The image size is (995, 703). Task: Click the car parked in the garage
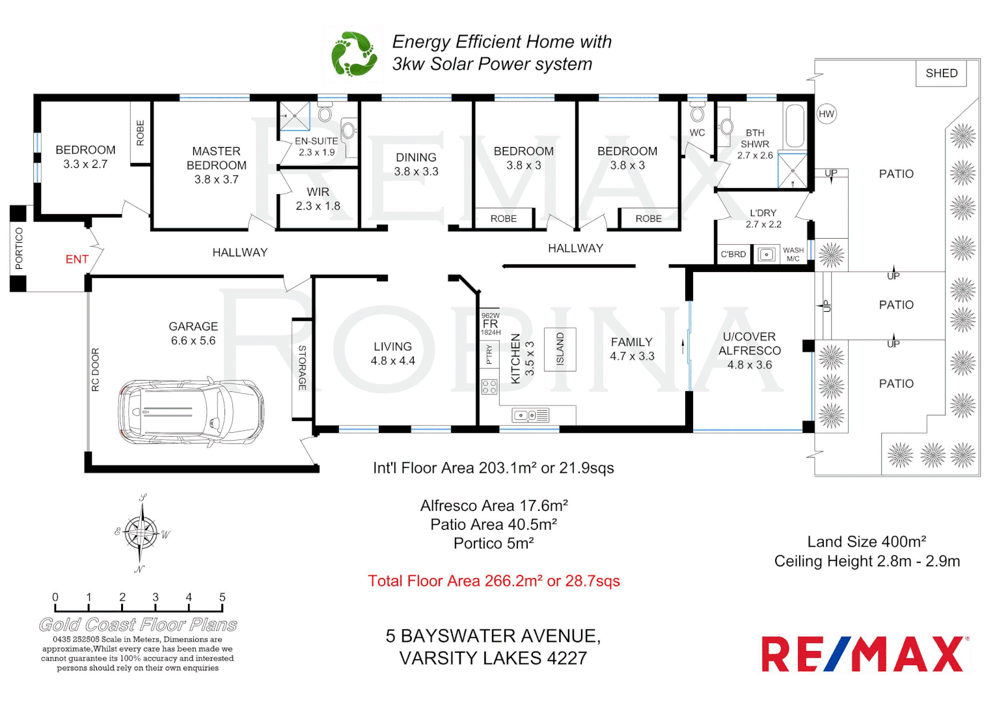click(191, 411)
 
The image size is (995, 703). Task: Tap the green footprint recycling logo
click(353, 54)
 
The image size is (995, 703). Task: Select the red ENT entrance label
click(77, 259)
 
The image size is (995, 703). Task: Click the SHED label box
click(941, 73)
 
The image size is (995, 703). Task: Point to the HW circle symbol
click(826, 114)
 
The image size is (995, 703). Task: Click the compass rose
click(141, 533)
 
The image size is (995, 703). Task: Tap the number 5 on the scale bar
click(223, 597)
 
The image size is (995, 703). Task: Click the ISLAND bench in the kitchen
click(560, 349)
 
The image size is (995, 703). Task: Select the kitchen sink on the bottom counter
click(530, 415)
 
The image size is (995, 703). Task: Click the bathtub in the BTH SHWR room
click(795, 126)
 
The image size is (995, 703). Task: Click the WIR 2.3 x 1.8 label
click(318, 199)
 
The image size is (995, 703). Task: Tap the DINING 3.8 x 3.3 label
click(416, 164)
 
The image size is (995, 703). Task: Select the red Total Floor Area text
click(493, 581)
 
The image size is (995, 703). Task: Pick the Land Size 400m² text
click(866, 542)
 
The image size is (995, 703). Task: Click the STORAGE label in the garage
click(302, 368)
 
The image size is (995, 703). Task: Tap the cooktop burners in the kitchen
click(489, 387)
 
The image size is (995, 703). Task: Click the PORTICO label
click(19, 248)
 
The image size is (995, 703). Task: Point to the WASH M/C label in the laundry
click(793, 254)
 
